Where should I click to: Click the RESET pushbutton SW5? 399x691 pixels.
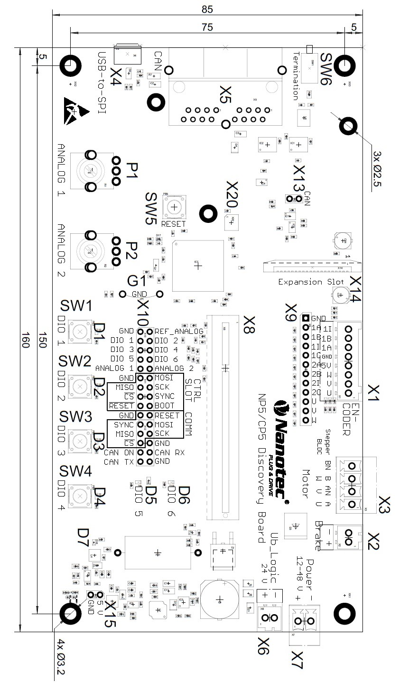point(175,207)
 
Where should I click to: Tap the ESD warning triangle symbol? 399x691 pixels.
point(76,110)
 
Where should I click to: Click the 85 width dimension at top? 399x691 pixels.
point(207,9)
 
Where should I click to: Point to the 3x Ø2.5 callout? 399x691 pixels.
point(378,169)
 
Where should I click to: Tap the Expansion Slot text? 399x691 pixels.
point(311,282)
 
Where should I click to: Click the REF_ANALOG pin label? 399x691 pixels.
point(179,331)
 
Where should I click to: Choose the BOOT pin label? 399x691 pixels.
point(164,405)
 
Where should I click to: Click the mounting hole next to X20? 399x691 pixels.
point(207,213)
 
